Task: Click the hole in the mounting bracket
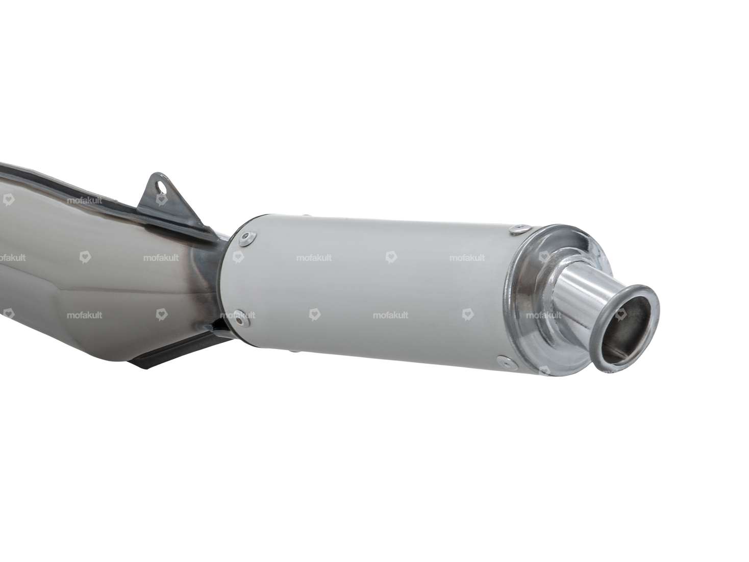161,187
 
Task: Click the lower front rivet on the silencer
238,315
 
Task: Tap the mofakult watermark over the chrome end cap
543,315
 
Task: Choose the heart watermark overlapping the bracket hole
161,200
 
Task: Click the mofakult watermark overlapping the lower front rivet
238,315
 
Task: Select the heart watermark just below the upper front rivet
238,257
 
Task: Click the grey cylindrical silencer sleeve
372,286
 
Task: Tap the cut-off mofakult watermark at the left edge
11,258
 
